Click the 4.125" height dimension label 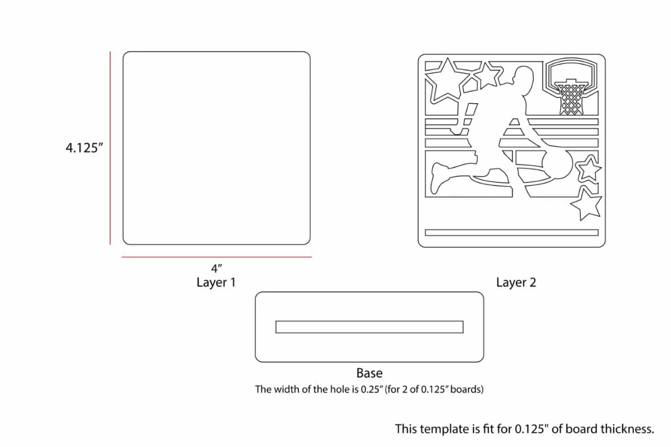click(84, 148)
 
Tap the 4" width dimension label click(216, 268)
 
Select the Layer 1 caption click(216, 283)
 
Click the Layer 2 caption click(516, 283)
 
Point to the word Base click(369, 373)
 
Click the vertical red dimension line click(110, 148)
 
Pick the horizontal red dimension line click(217, 257)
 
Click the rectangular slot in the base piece click(369, 327)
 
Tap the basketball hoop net click(571, 99)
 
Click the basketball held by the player click(558, 164)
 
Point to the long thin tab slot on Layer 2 click(512, 232)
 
